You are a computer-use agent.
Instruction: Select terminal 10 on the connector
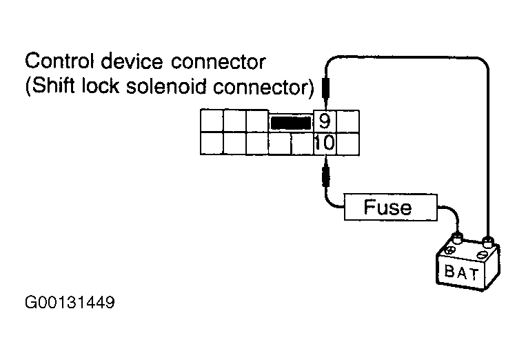(324, 143)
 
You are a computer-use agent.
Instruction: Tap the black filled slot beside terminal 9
(291, 123)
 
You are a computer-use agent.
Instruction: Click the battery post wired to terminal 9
(488, 241)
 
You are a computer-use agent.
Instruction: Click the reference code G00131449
(69, 303)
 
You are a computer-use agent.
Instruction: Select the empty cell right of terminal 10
(347, 143)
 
